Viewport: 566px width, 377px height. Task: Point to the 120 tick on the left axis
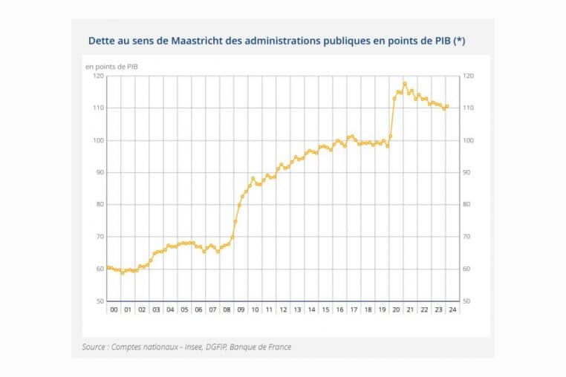[98, 76]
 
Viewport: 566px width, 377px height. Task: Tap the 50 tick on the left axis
[100, 301]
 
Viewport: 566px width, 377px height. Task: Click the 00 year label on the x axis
[113, 309]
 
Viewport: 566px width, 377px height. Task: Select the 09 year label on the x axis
[241, 309]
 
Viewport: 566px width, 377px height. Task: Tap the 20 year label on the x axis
[396, 309]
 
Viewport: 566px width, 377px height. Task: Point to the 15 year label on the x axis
[325, 309]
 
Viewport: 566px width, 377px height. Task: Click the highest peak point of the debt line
[405, 83]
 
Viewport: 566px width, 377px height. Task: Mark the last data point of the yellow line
[447, 106]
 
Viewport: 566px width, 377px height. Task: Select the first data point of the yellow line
[108, 267]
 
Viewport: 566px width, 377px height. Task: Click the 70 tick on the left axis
[100, 237]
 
